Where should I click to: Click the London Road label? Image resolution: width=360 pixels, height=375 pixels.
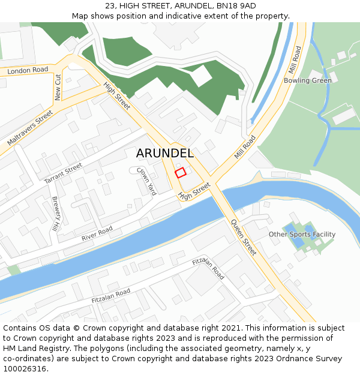tap(28, 70)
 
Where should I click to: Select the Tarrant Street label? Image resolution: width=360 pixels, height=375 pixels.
tap(63, 172)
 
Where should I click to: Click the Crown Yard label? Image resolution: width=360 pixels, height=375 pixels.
tap(146, 181)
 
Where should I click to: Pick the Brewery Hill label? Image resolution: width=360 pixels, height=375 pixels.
tap(56, 214)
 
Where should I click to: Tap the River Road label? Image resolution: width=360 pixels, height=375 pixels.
tap(97, 235)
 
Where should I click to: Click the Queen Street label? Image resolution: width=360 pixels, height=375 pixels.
tap(244, 238)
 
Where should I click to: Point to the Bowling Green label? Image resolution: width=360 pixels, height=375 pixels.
tap(307, 80)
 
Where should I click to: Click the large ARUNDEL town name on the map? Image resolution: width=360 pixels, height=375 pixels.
tap(164, 153)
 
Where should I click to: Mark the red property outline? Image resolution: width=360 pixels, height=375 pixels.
tap(180, 173)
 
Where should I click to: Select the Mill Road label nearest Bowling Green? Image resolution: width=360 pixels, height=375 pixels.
tap(295, 59)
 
